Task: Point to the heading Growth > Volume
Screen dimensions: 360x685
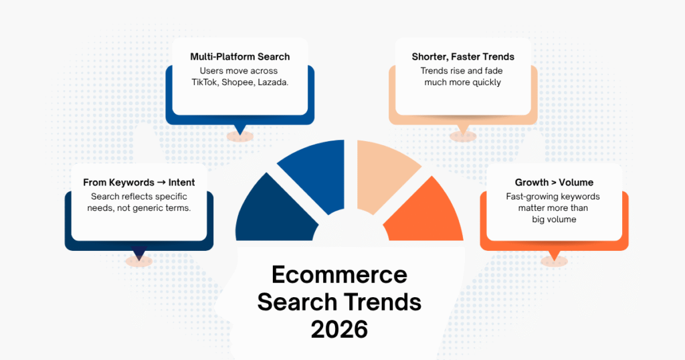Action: [554, 182]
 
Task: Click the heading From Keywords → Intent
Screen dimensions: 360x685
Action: [139, 182]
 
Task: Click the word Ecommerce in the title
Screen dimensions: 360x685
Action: [339, 275]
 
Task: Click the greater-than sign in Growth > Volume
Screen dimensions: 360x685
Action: [552, 182]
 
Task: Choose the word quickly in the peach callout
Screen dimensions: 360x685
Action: [482, 82]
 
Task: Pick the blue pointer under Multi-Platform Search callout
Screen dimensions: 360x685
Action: [239, 129]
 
